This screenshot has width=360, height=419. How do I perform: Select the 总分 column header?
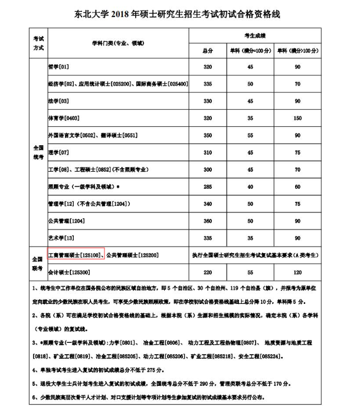[x=207, y=51]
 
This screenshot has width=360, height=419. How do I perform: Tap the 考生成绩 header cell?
[x=254, y=36]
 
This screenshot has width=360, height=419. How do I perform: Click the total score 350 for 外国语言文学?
[x=207, y=136]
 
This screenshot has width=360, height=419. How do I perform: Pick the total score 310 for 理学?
[x=207, y=153]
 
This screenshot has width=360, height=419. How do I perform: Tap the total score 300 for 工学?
[x=207, y=170]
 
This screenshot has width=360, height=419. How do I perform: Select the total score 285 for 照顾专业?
[x=207, y=187]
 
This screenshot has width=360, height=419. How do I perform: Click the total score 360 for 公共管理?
[x=207, y=221]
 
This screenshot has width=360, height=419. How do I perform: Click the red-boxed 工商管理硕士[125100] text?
[x=76, y=255]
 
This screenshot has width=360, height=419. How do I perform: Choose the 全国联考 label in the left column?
[x=38, y=264]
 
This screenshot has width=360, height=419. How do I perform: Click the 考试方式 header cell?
[x=38, y=43]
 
